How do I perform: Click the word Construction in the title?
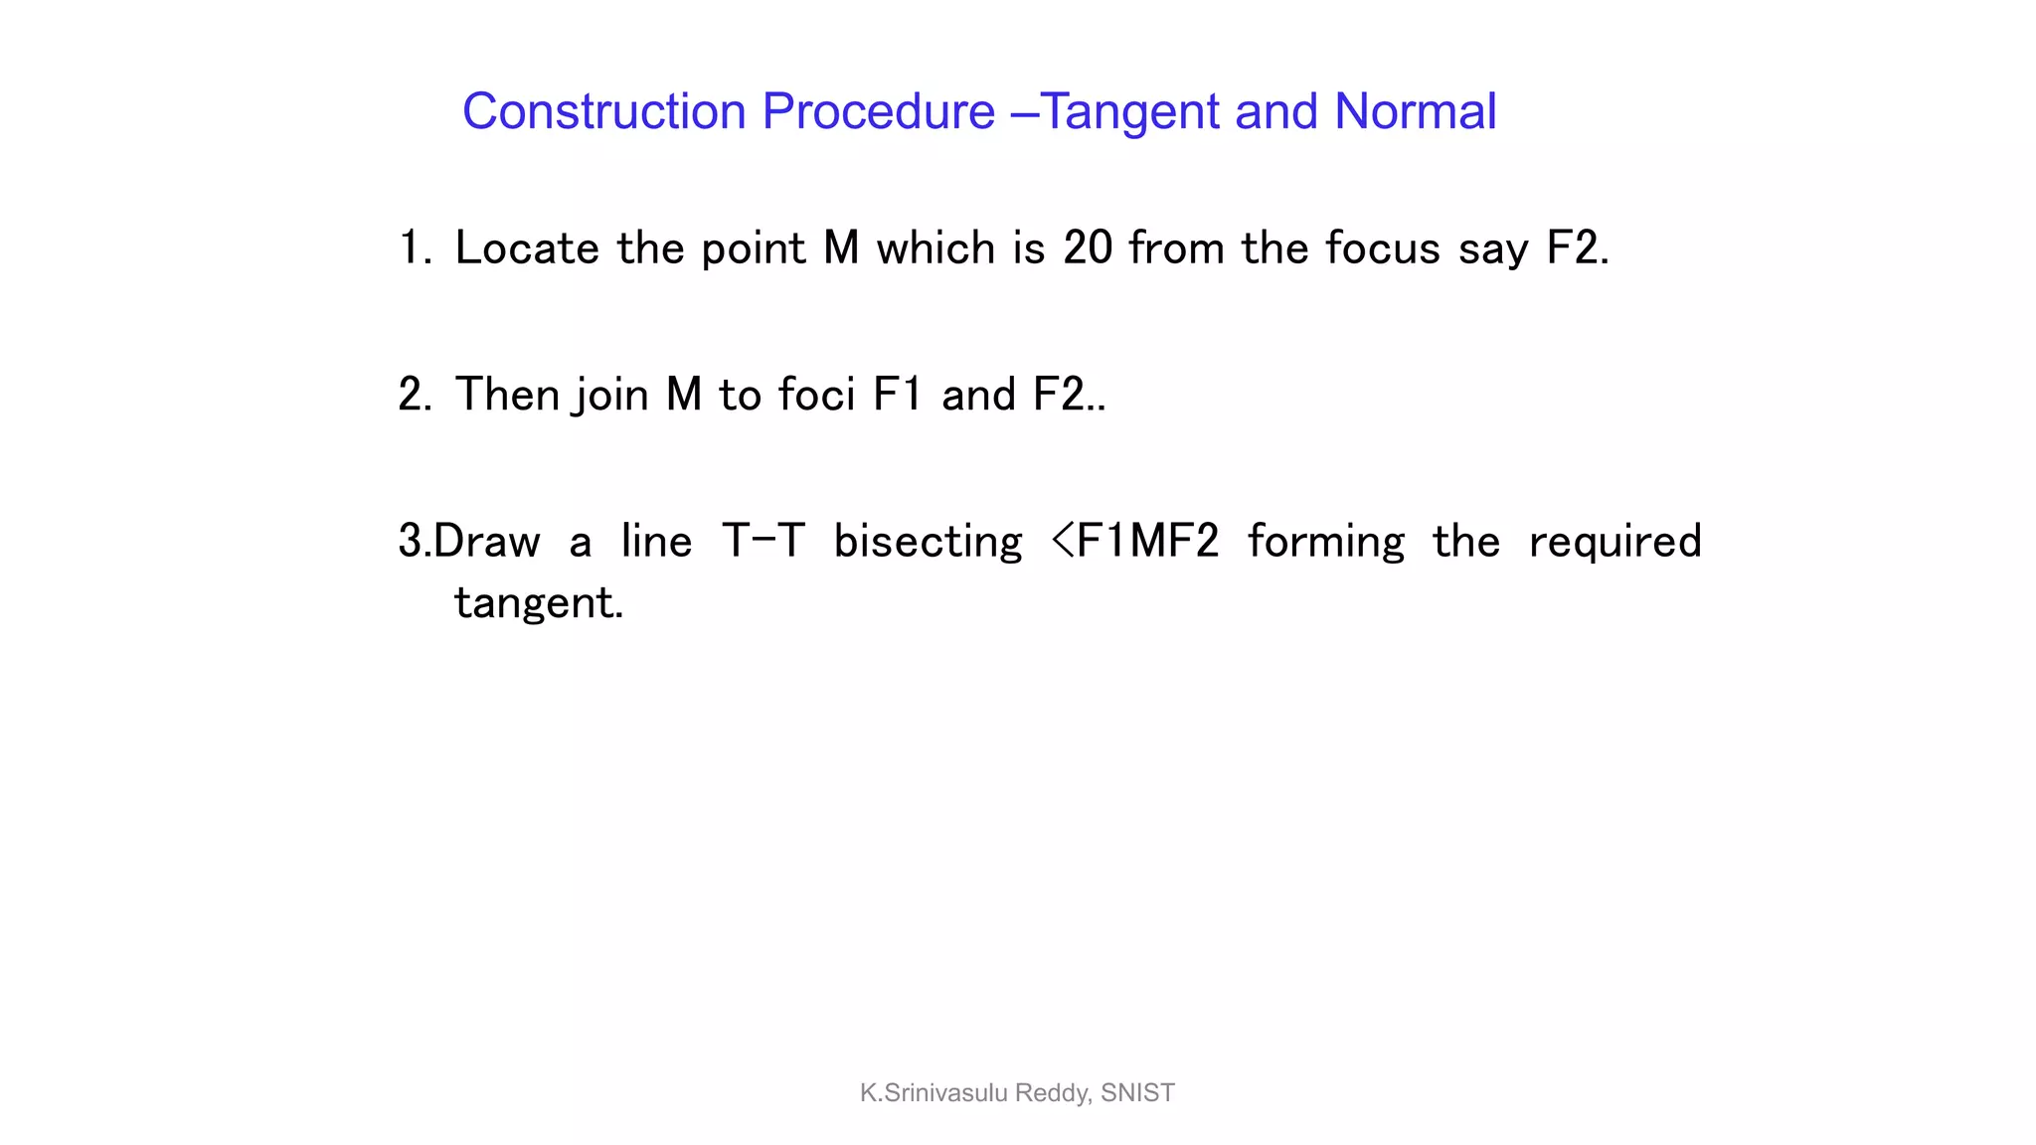point(603,111)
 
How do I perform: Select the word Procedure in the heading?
point(878,111)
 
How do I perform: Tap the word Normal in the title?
point(1415,111)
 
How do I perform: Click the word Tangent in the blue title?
point(1128,111)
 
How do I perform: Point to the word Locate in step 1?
point(527,247)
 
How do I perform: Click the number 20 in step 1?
point(1088,247)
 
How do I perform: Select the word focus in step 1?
point(1383,247)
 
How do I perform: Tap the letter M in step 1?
point(841,247)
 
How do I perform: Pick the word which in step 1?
point(935,247)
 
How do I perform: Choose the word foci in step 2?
point(816,395)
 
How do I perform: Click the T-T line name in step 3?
point(763,542)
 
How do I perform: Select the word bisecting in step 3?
point(928,542)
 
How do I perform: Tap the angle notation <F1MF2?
point(1134,542)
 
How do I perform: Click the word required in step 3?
point(1614,542)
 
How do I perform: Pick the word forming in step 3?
point(1326,542)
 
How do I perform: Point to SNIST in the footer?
point(1137,1093)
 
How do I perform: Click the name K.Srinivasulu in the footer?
point(933,1093)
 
